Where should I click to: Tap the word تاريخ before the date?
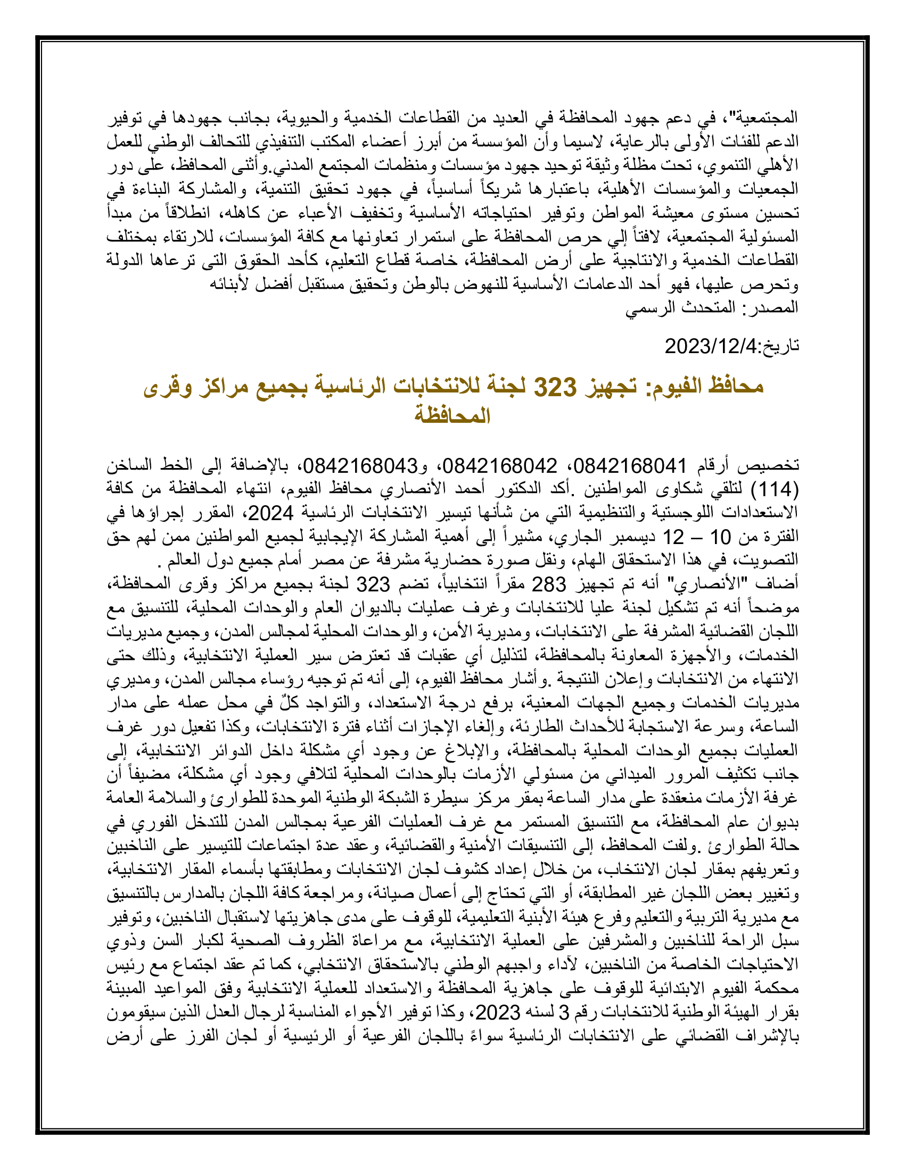coord(780,346)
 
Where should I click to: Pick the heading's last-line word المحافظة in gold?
coord(452,415)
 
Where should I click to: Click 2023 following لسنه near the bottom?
coord(499,1013)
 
